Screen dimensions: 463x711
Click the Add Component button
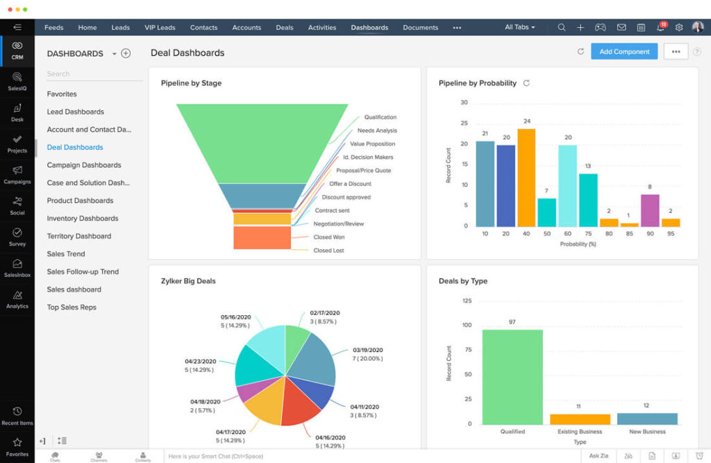point(624,51)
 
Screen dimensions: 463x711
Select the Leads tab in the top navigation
point(121,28)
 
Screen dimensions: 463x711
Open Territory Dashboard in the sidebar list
point(79,236)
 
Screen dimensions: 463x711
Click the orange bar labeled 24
point(526,178)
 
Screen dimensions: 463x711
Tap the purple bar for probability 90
point(650,210)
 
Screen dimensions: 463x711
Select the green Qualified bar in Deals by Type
point(512,377)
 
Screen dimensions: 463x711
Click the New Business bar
point(647,419)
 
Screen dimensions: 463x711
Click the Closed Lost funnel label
point(328,251)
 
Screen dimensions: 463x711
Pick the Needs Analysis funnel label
point(377,131)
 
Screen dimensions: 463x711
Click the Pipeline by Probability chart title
point(478,83)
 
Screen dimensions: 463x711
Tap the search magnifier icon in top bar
point(562,28)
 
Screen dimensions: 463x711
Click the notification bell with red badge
point(660,28)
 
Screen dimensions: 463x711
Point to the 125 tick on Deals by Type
point(467,301)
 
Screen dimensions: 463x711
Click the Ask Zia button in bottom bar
point(599,456)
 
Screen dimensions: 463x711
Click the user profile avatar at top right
point(697,28)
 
